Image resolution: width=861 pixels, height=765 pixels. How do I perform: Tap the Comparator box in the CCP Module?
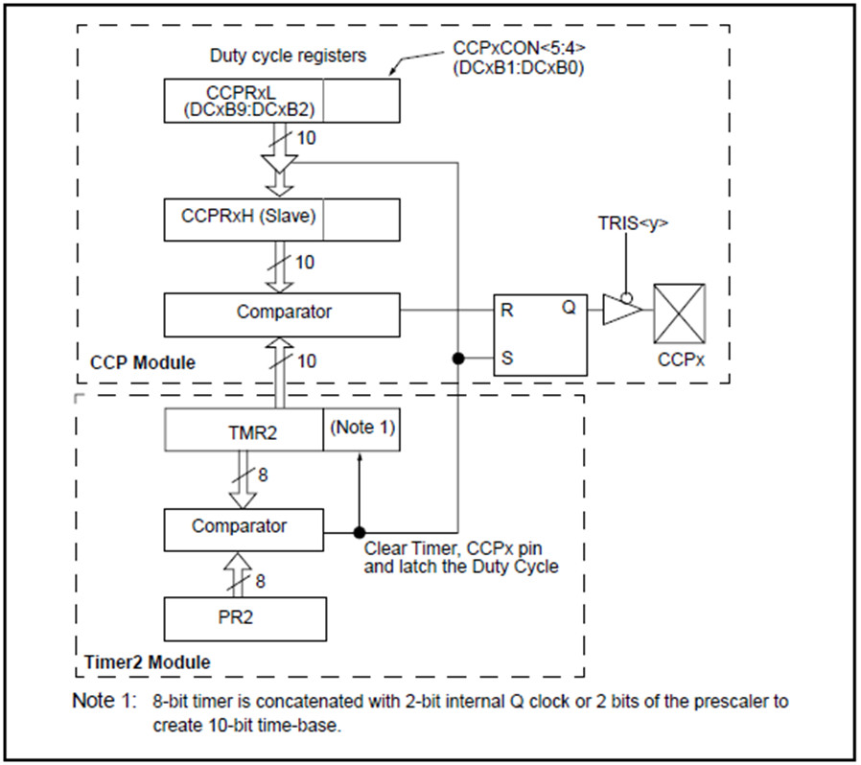tap(282, 313)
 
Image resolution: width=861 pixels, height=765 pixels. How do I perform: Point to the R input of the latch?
tap(507, 311)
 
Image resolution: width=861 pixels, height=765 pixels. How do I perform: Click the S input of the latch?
tap(507, 359)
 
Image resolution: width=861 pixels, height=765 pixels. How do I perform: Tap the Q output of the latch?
tap(569, 311)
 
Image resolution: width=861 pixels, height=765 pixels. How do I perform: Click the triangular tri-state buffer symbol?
tap(621, 311)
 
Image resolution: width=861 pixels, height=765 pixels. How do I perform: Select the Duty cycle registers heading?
tap(288, 56)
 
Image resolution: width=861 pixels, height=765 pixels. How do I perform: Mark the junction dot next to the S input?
tap(458, 359)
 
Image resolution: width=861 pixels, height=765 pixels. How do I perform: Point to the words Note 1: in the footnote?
tap(104, 702)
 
